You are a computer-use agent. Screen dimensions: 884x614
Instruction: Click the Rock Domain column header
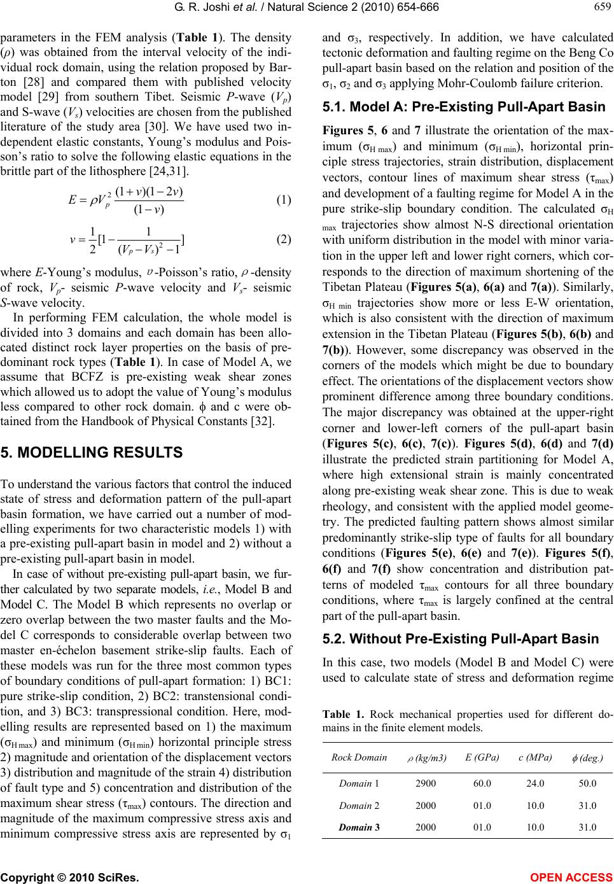pyautogui.click(x=359, y=757)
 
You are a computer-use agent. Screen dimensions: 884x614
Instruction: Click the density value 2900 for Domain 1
pyautogui.click(x=426, y=783)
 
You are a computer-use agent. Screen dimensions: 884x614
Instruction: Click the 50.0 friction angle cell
pyautogui.click(x=586, y=783)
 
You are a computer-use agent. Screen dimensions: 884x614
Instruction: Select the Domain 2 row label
pyautogui.click(x=359, y=805)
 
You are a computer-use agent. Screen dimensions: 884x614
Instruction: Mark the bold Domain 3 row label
pyautogui.click(x=359, y=827)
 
